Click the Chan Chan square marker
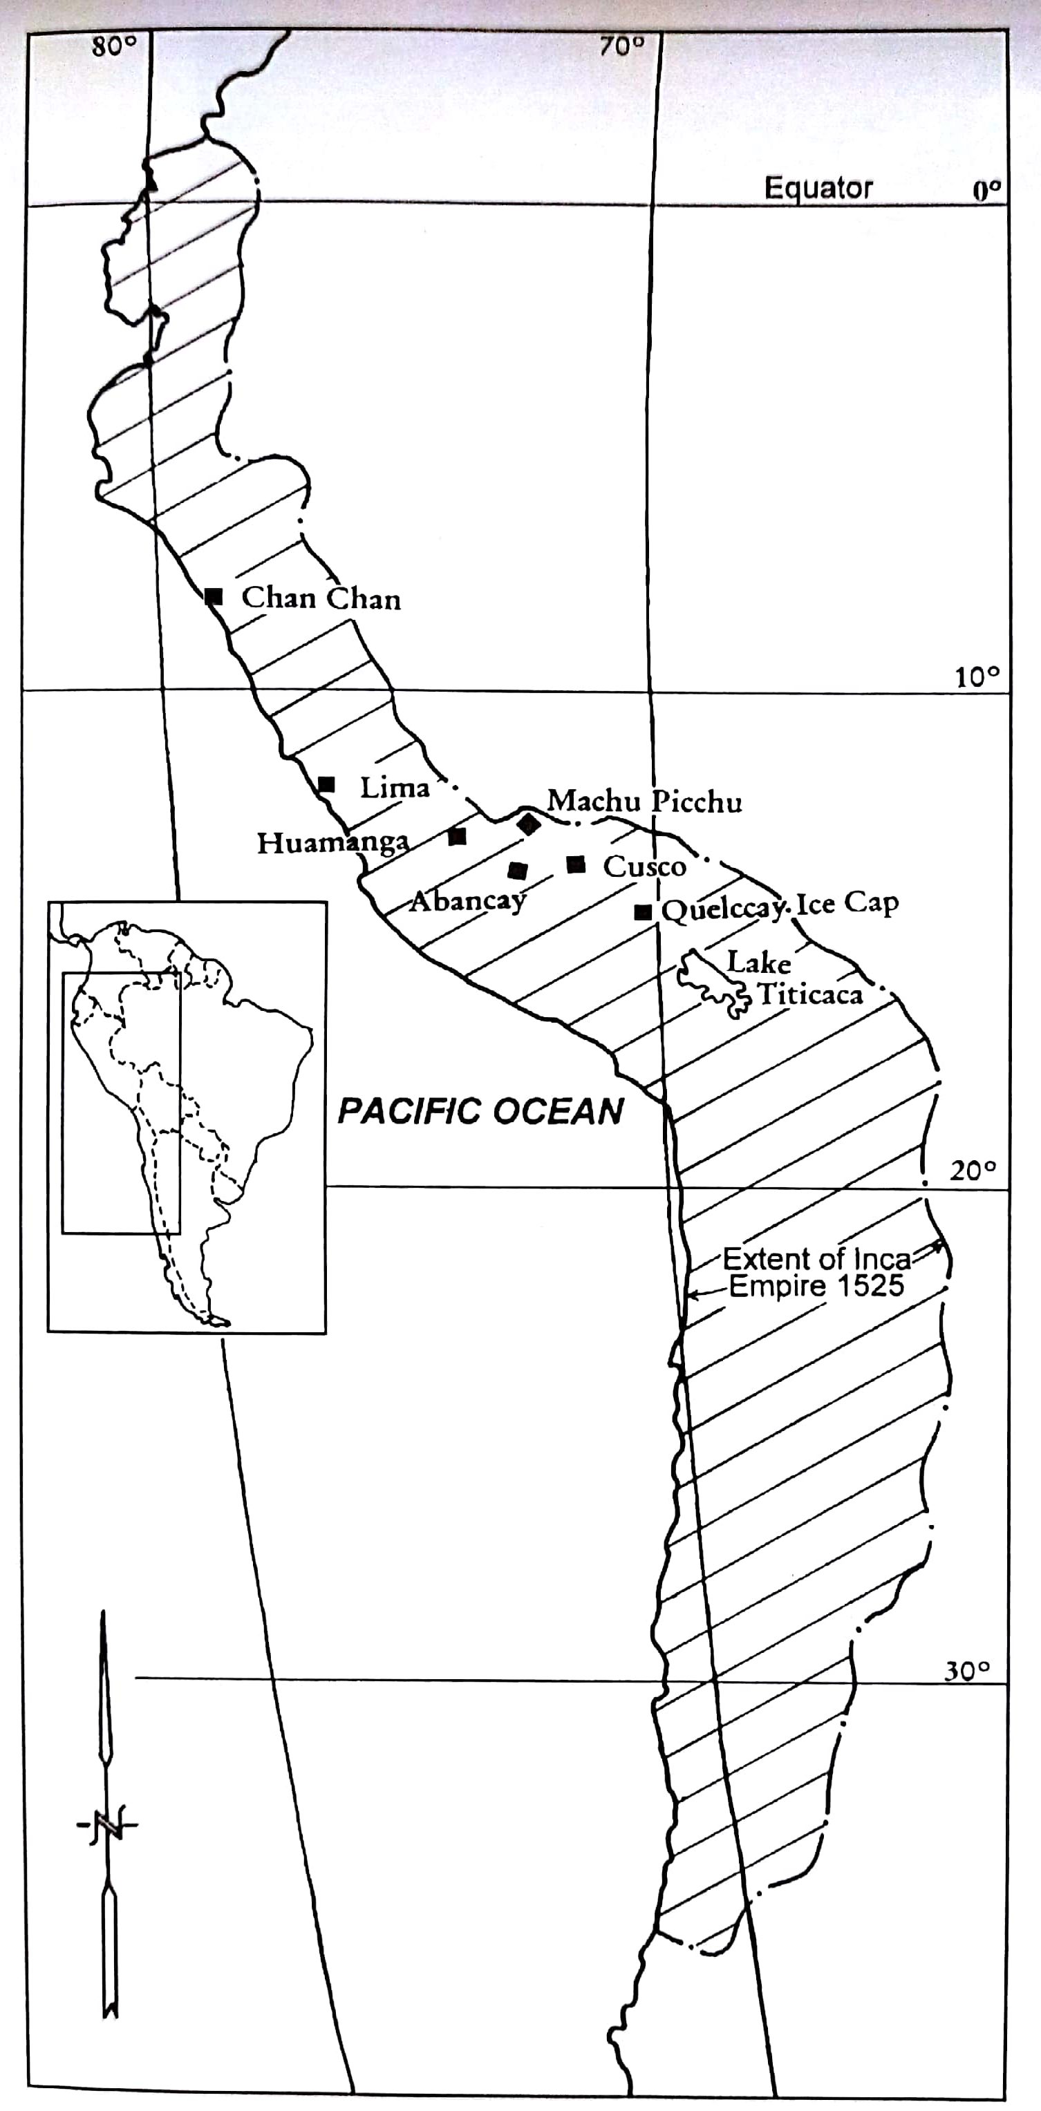click(214, 596)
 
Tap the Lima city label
click(394, 788)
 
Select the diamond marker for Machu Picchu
click(529, 823)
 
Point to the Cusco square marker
click(576, 864)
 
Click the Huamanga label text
click(332, 842)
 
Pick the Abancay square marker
click(517, 870)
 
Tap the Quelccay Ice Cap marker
click(644, 912)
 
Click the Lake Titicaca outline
click(711, 983)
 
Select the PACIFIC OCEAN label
click(481, 1111)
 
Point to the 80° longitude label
click(114, 47)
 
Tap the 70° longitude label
click(621, 47)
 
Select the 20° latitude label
click(974, 1171)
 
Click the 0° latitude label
click(987, 190)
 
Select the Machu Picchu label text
click(644, 801)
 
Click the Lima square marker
click(326, 784)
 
